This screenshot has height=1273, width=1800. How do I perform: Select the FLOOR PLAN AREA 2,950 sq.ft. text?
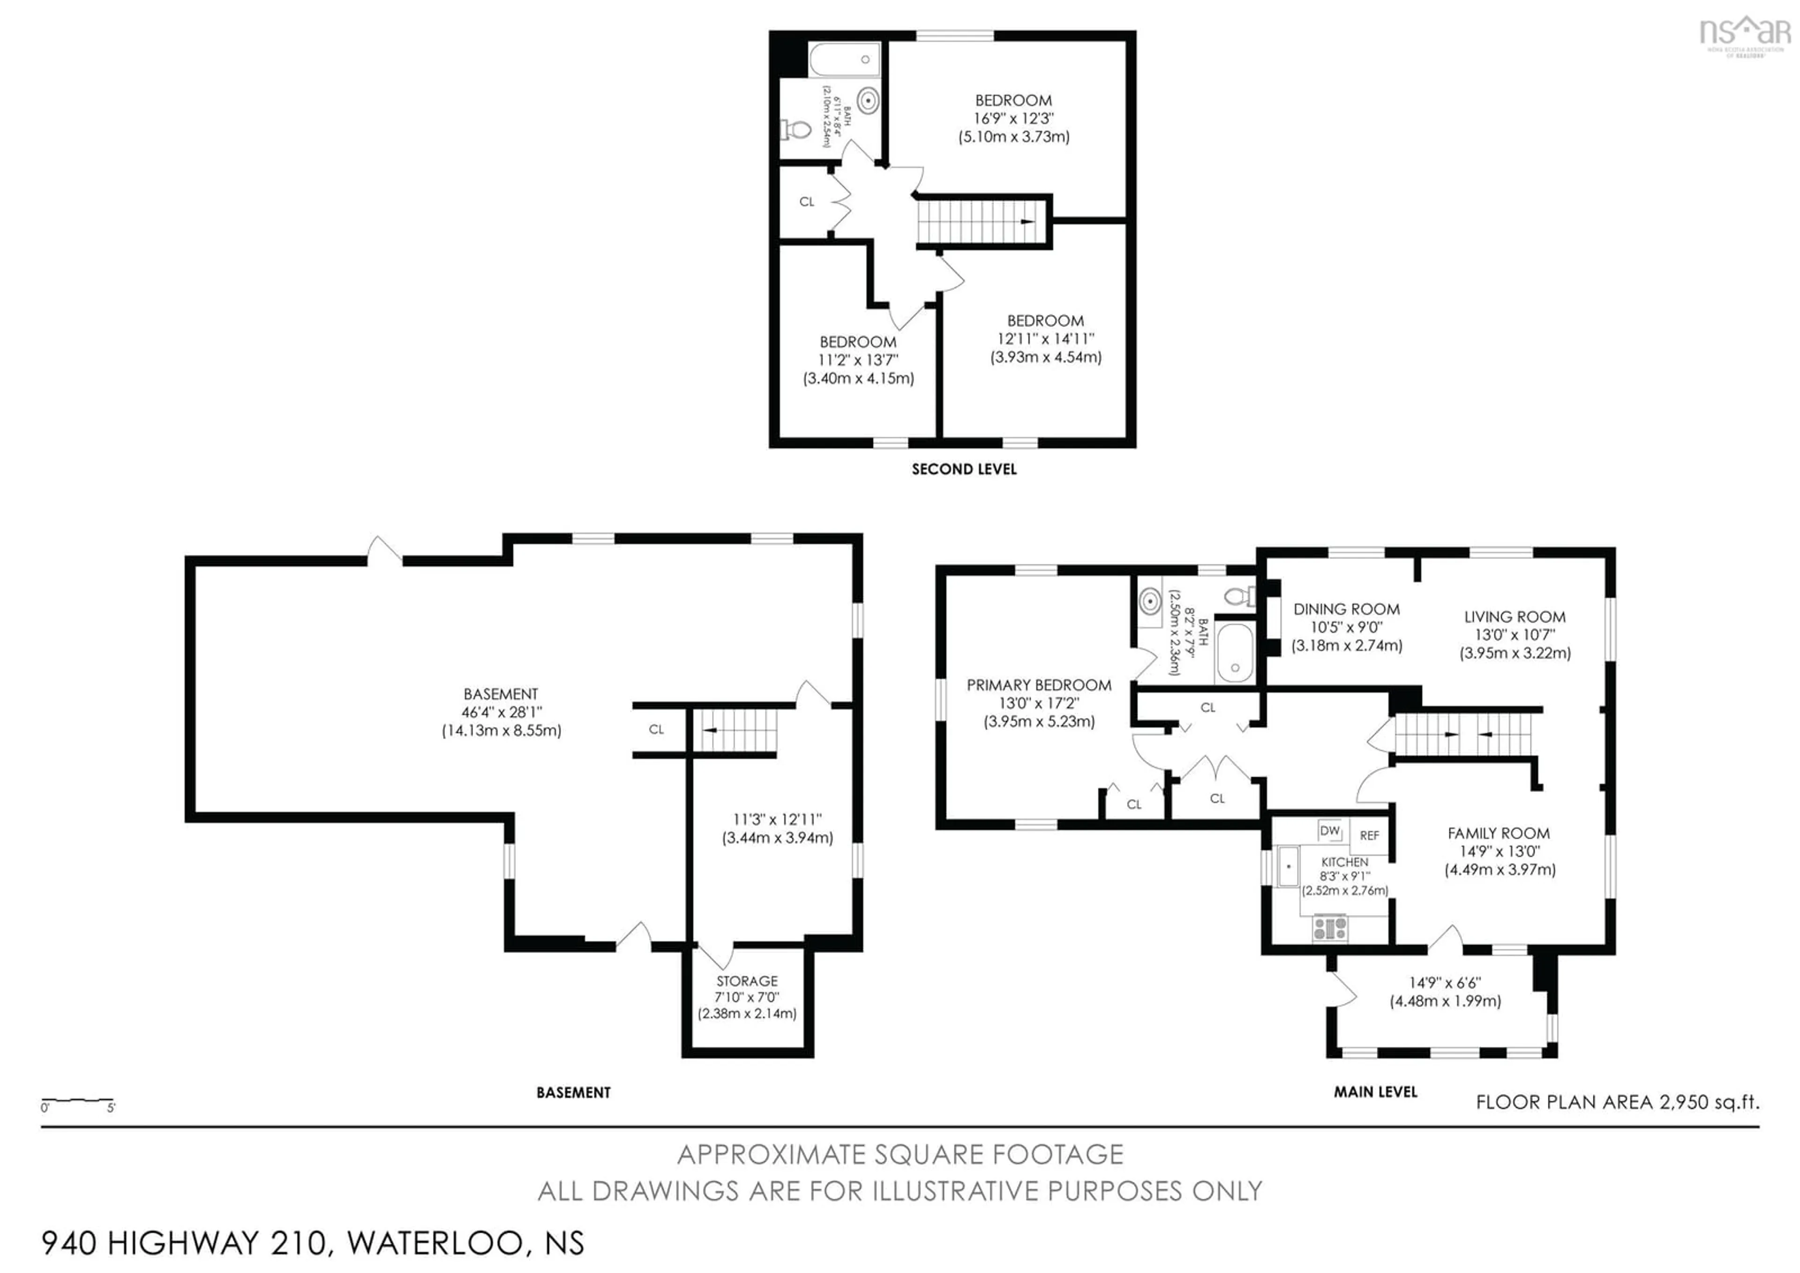tap(1617, 1102)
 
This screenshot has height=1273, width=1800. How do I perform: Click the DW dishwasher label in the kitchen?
tap(1330, 831)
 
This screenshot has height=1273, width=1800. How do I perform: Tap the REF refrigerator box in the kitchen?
tap(1369, 836)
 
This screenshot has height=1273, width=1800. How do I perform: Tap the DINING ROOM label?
tap(1346, 609)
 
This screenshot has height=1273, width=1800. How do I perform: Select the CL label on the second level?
tap(807, 202)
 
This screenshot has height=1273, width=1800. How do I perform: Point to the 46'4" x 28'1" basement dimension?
tap(501, 712)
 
